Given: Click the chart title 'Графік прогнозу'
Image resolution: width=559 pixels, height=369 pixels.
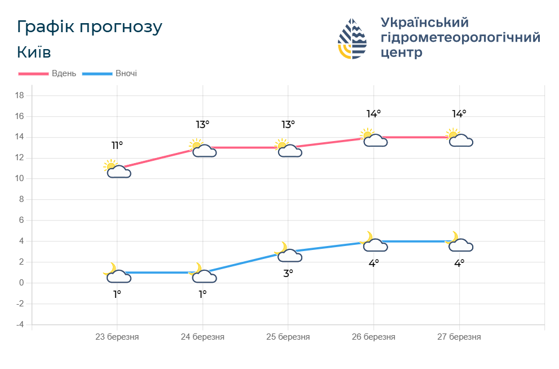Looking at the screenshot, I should [x=90, y=27].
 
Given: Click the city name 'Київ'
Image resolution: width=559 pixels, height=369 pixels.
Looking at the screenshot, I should [x=34, y=52].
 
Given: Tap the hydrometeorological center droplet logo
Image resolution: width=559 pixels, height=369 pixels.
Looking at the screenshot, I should [x=352, y=39].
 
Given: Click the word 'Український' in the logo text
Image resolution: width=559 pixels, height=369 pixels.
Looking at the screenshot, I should [x=425, y=23].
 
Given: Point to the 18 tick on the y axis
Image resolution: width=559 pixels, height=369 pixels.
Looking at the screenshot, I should [x=19, y=95].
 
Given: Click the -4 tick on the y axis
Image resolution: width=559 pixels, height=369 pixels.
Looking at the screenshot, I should [x=19, y=324].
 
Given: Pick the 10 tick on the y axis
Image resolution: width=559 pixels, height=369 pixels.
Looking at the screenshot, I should [x=19, y=179].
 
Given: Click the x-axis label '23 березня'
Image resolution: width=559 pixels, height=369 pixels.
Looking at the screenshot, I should [x=117, y=337].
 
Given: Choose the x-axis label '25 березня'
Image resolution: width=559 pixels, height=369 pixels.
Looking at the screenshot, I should [x=288, y=337].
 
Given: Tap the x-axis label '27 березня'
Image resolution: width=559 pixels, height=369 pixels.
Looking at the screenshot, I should [x=459, y=337].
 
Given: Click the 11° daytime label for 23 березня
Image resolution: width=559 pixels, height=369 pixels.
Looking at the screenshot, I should [x=117, y=146].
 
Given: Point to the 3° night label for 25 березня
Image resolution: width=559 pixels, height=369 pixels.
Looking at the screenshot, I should [x=288, y=274].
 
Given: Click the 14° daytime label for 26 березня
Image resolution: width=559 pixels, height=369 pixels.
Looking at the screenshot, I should [x=373, y=114].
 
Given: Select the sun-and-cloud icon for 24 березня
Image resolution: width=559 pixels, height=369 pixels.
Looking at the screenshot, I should [x=202, y=148].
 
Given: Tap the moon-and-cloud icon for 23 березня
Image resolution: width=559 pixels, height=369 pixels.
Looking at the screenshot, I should [x=117, y=273].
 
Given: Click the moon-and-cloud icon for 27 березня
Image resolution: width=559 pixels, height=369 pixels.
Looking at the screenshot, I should [x=459, y=242].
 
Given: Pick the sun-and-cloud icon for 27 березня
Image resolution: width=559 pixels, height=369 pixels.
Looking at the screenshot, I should [x=459, y=138].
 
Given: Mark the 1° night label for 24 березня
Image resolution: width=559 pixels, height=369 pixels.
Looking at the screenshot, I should [x=202, y=294].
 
